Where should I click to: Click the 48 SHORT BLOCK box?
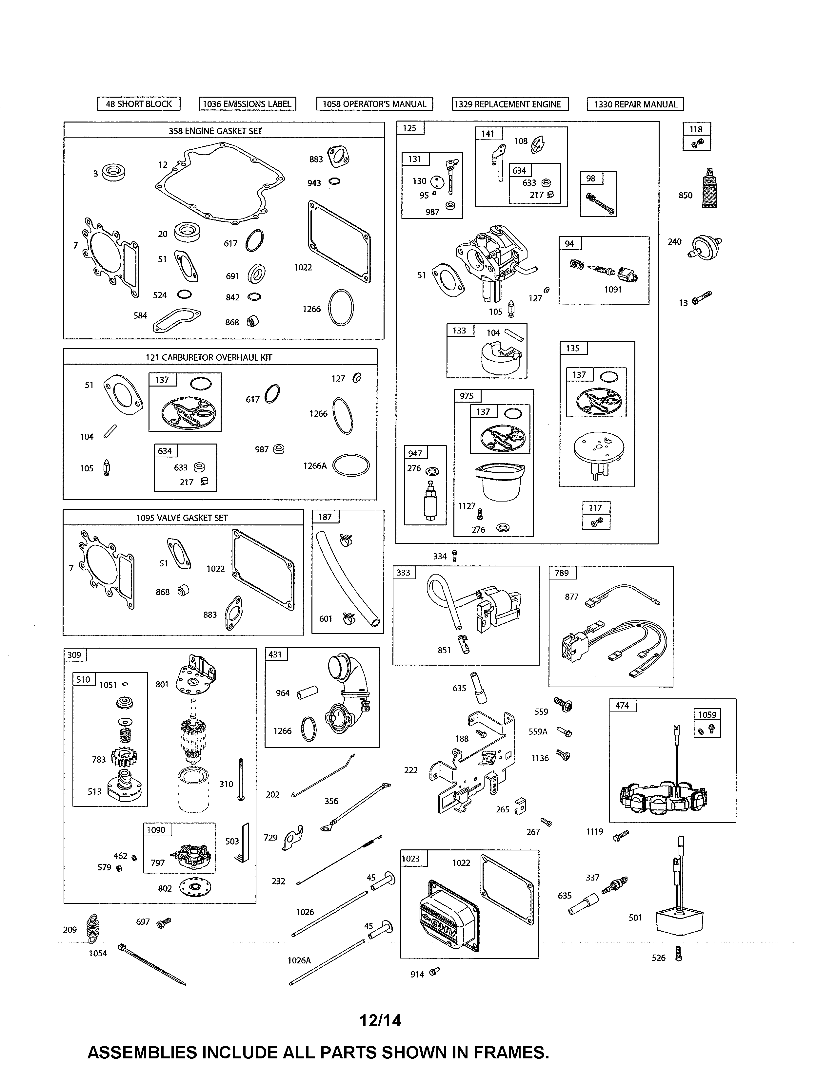point(139,104)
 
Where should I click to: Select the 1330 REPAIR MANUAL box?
point(635,104)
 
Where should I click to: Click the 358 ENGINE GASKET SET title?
point(215,131)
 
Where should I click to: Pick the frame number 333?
point(404,573)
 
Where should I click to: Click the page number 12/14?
point(380,1021)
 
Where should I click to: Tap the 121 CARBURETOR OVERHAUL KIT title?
point(209,357)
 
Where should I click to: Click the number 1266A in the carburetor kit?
point(315,466)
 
